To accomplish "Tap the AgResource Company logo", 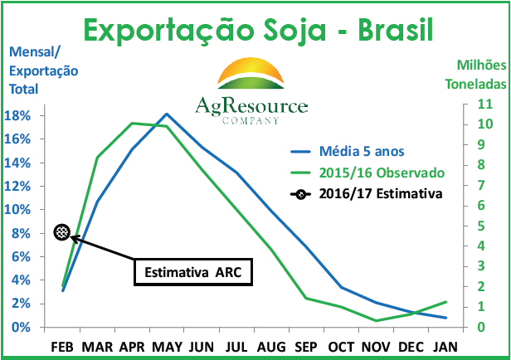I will (251, 91).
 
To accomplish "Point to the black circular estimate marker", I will (61, 232).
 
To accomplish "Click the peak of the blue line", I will (167, 114).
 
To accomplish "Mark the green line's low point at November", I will (377, 320).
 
